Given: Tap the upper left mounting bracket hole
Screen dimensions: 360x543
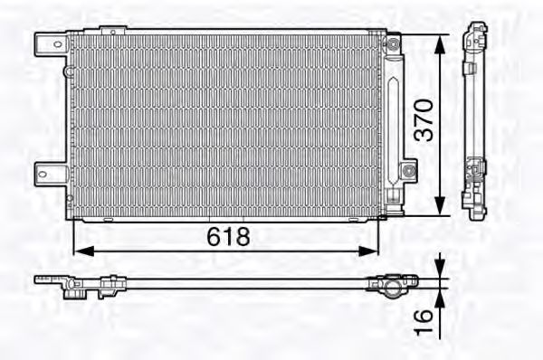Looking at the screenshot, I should coord(49,42).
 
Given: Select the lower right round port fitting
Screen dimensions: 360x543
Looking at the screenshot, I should coord(410,169).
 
